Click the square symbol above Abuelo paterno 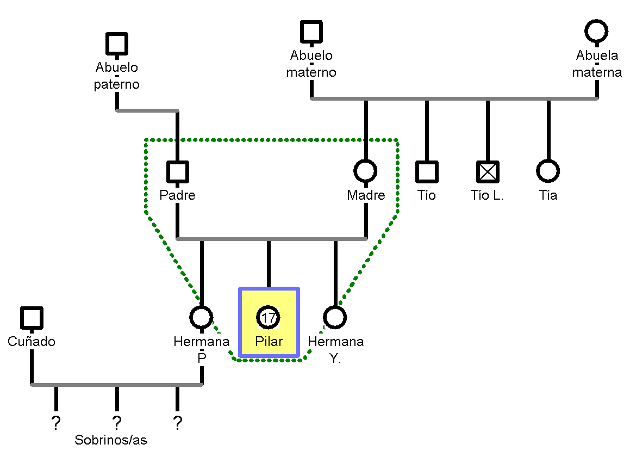117,44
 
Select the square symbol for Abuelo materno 311,32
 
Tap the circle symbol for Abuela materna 597,32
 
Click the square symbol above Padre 178,172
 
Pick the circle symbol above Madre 366,171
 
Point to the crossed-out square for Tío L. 488,172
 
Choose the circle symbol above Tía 548,171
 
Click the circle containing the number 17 269,318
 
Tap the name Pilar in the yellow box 269,342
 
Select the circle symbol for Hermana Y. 335,318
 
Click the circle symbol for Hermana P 202,318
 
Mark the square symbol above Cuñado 32,318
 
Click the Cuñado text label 32,342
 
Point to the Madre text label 366,195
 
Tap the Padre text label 178,195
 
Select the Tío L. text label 488,195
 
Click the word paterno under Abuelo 117,84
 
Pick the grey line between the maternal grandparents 454,98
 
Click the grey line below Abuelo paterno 147,110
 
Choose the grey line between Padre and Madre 272,239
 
